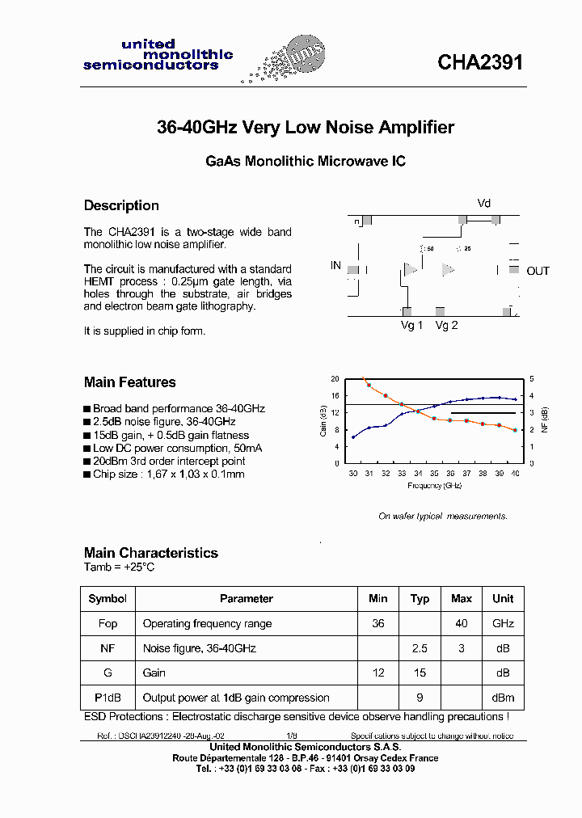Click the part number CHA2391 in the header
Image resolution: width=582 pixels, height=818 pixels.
pyautogui.click(x=480, y=63)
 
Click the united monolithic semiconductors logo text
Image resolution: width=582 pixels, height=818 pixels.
pyautogui.click(x=158, y=55)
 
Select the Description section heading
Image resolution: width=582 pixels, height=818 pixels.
pyautogui.click(x=121, y=205)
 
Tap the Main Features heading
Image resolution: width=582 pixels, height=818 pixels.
pyautogui.click(x=129, y=382)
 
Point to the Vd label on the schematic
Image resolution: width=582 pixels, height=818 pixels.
pyautogui.click(x=483, y=204)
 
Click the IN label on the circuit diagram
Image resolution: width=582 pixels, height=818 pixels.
pyautogui.click(x=336, y=265)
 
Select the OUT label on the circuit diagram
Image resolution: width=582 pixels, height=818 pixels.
pyautogui.click(x=538, y=271)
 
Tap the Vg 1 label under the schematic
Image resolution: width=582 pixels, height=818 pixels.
pyautogui.click(x=412, y=325)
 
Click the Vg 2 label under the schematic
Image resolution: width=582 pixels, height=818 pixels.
pyautogui.click(x=446, y=325)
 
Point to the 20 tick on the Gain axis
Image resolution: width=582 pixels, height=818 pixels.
pyautogui.click(x=335, y=379)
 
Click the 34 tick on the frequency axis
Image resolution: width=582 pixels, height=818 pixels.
pyautogui.click(x=418, y=474)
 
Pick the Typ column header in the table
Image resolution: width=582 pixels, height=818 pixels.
pyautogui.click(x=420, y=599)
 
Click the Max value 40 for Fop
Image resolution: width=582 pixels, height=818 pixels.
pyautogui.click(x=462, y=624)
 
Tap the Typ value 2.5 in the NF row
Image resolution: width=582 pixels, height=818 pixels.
pyautogui.click(x=420, y=648)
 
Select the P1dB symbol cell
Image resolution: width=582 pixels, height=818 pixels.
pyautogui.click(x=108, y=698)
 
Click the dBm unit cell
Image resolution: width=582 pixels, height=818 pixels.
pyautogui.click(x=503, y=698)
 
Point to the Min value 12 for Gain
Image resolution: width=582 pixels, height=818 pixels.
pyautogui.click(x=377, y=673)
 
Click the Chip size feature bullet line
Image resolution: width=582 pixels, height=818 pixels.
pyautogui.click(x=169, y=474)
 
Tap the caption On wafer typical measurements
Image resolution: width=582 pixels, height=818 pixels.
pyautogui.click(x=443, y=517)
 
